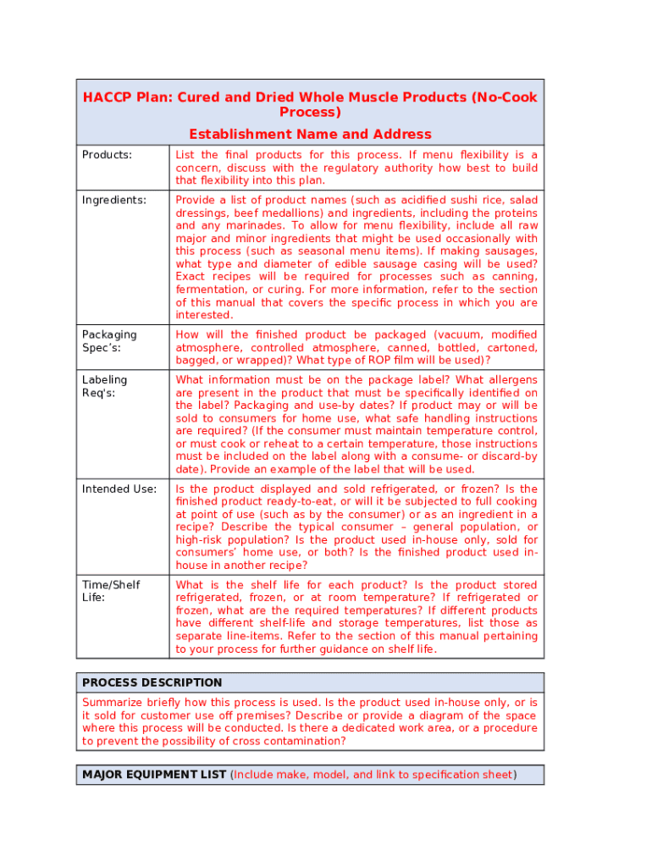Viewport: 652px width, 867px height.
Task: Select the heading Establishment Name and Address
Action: [310, 134]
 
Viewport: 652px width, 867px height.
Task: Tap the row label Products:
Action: [107, 155]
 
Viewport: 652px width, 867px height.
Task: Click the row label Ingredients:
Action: [113, 200]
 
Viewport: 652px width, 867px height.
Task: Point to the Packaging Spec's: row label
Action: [109, 340]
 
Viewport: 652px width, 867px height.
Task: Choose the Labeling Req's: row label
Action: [104, 386]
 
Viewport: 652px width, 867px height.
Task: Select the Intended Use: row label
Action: [119, 489]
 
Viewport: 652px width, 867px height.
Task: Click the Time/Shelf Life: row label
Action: [111, 591]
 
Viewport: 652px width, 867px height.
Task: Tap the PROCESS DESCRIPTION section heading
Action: [152, 682]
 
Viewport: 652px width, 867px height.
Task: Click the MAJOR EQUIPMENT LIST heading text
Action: [154, 775]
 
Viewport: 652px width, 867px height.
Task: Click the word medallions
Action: [296, 213]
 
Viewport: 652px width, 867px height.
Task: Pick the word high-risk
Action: [203, 539]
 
